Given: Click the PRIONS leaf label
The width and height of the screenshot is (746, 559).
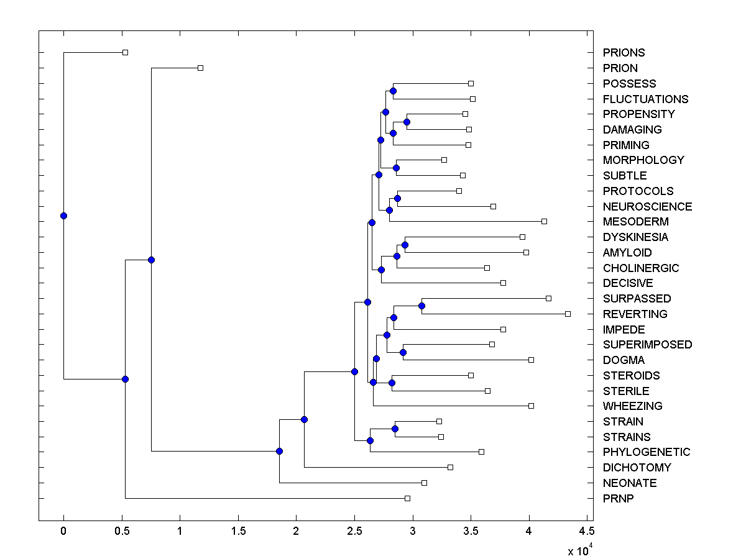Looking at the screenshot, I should pos(624,53).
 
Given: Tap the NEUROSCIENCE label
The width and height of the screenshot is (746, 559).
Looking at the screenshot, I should pos(647,206).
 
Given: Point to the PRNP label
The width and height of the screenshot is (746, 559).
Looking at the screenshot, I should pos(619,498).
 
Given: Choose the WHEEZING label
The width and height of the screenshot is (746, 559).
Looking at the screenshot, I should pos(632,406).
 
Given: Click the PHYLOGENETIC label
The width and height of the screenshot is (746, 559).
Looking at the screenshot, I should pos(647,452).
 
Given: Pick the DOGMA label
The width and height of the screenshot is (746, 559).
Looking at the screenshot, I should pos(624,360).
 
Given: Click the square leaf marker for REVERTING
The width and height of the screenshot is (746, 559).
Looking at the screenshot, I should pos(568,314).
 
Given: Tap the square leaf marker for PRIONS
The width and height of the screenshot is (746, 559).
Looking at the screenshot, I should pos(125,52).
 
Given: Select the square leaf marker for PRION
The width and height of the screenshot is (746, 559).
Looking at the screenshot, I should pos(200,68).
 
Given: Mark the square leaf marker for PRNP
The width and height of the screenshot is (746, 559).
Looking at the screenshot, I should pos(407,498).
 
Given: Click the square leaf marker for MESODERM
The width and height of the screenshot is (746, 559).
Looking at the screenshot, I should pos(544,221).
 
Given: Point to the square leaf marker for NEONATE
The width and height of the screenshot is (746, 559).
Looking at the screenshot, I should pos(424,483).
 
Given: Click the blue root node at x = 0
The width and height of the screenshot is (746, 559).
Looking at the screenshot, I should pos(63,216).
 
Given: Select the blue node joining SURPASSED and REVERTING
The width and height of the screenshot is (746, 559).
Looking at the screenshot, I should pos(421,306).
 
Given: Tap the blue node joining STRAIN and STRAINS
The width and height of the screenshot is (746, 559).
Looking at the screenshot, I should pos(395,429).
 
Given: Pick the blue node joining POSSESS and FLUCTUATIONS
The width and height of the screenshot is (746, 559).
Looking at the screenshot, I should pos(393,91).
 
